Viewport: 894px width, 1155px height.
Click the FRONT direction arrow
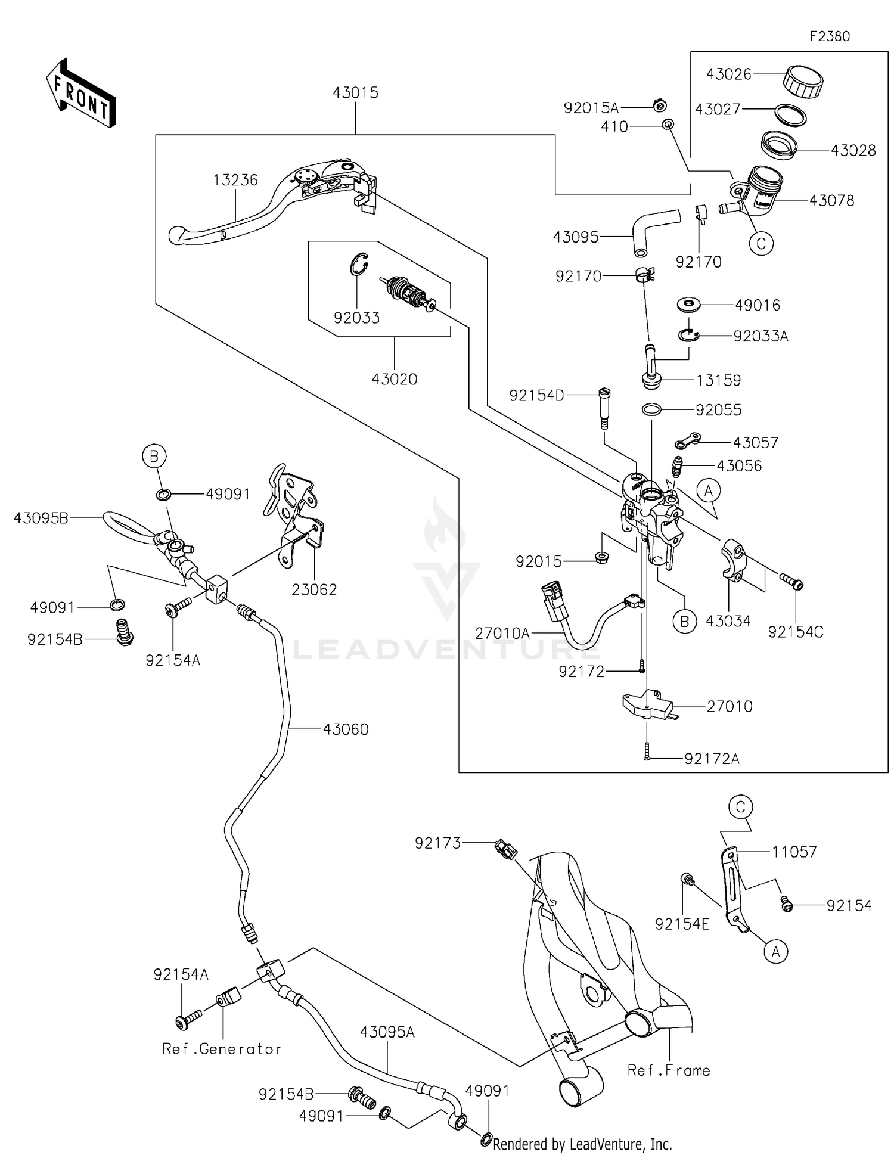(80, 94)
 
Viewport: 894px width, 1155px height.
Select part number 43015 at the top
(355, 92)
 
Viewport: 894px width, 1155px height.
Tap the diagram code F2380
(830, 36)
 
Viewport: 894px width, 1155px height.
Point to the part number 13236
(235, 180)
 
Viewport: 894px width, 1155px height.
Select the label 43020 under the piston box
(394, 379)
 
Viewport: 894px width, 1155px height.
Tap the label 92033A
(760, 337)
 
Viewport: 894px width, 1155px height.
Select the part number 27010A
(502, 633)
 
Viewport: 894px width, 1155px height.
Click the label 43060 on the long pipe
(346, 729)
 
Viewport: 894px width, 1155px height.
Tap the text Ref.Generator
(222, 1049)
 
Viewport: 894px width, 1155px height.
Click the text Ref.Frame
(668, 1070)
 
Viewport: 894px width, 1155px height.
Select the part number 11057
(794, 852)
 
